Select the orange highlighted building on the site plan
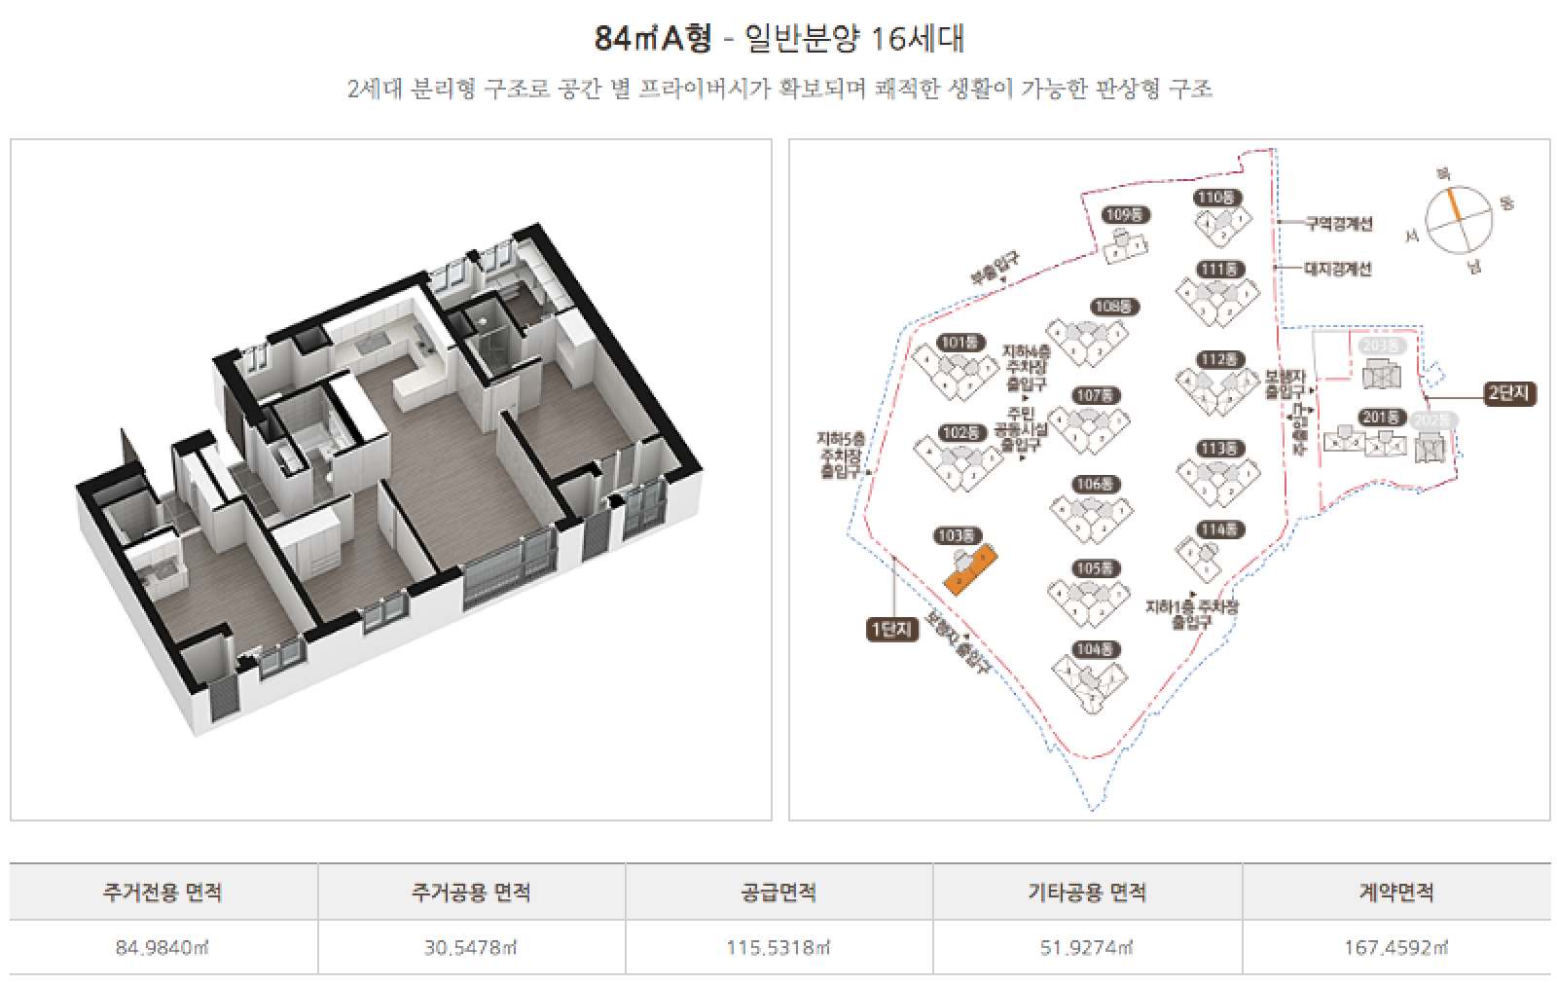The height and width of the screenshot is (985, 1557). [x=970, y=569]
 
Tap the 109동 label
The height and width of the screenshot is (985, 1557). [x=1125, y=215]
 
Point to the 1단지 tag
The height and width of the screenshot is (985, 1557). [x=892, y=630]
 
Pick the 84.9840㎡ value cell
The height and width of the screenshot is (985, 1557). [x=163, y=947]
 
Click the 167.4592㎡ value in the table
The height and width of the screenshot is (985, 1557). [x=1395, y=947]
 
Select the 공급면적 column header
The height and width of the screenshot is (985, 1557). [x=778, y=892]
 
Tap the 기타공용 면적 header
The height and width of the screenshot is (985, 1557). [x=1087, y=892]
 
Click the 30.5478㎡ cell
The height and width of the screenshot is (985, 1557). [x=471, y=947]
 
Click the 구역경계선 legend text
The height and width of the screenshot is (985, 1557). [x=1338, y=223]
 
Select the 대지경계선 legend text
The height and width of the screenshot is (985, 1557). [x=1337, y=268]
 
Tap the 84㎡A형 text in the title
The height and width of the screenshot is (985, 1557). [x=653, y=39]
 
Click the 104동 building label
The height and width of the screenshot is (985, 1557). [x=1096, y=649]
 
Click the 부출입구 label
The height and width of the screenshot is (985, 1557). [x=994, y=269]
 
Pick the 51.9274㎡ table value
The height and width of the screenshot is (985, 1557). [x=1087, y=947]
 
